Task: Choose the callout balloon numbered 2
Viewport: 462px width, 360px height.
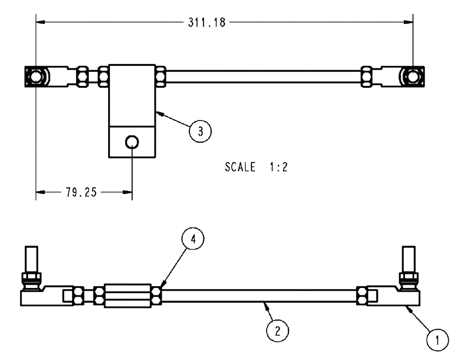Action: (277, 330)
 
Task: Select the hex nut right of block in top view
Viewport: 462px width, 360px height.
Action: (161, 76)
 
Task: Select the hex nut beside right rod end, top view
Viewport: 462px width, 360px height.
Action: (365, 76)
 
